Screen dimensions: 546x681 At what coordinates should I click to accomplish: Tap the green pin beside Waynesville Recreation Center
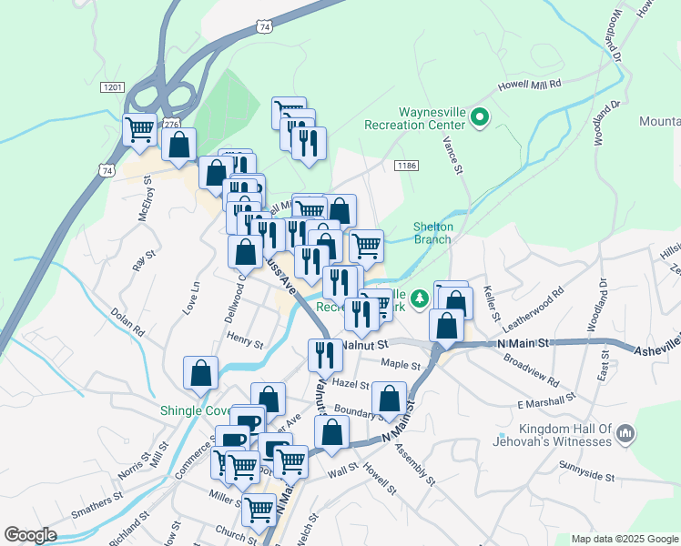click(480, 117)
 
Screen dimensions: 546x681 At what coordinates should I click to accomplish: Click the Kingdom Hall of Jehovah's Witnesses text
click(565, 435)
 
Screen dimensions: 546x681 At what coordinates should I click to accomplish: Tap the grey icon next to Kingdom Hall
click(625, 435)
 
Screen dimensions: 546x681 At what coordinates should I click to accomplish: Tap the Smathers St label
click(97, 504)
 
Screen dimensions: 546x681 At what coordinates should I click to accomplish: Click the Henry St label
click(244, 343)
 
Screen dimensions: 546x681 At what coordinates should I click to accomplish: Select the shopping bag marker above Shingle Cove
click(200, 372)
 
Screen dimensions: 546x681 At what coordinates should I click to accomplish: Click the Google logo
click(30, 535)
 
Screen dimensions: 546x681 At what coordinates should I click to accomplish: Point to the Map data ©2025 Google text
click(624, 539)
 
